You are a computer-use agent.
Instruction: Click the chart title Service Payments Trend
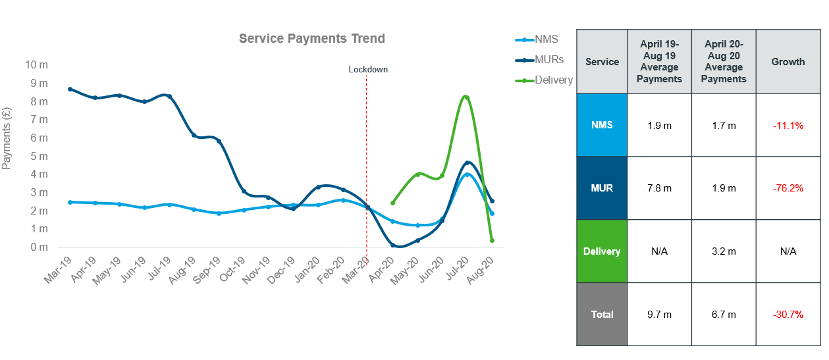[311, 39]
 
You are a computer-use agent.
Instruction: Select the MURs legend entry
[549, 60]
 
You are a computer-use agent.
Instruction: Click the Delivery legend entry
[553, 80]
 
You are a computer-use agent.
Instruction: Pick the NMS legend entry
[546, 39]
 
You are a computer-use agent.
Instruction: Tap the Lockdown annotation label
[368, 69]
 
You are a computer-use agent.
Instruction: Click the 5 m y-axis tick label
[39, 157]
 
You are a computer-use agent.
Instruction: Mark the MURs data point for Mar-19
[70, 89]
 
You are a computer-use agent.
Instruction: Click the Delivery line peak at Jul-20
[467, 97]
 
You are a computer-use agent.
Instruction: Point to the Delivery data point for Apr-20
[392, 203]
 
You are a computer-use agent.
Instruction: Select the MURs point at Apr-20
[392, 245]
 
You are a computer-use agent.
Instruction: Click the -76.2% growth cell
[788, 188]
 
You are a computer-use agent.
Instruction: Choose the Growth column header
[788, 62]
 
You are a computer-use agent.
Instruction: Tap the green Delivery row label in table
[602, 251]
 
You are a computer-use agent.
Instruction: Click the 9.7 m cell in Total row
[659, 315]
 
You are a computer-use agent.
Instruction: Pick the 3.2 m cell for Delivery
[724, 251]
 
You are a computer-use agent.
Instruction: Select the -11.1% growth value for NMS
[788, 125]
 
